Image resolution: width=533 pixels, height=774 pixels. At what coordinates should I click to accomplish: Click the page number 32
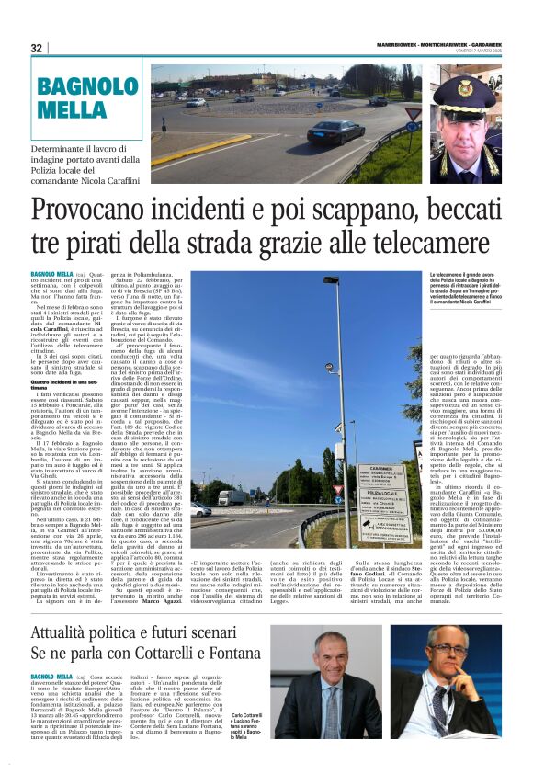tap(37, 49)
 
